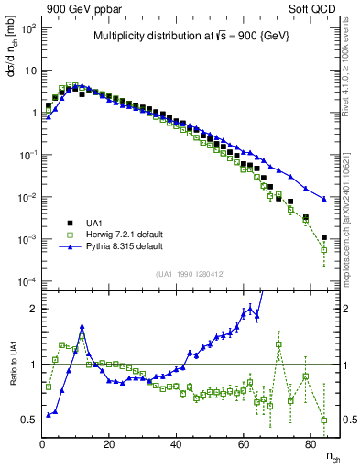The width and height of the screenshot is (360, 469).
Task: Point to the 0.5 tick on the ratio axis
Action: pos(27,420)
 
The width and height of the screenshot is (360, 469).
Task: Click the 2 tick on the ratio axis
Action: pos(32,309)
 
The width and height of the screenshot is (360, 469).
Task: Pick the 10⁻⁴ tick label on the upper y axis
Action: pos(26,280)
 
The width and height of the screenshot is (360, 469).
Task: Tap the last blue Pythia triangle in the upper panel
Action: pos(323,199)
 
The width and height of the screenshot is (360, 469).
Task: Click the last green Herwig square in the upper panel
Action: pos(323,248)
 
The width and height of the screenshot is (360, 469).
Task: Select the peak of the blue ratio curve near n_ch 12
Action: pos(82,325)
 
